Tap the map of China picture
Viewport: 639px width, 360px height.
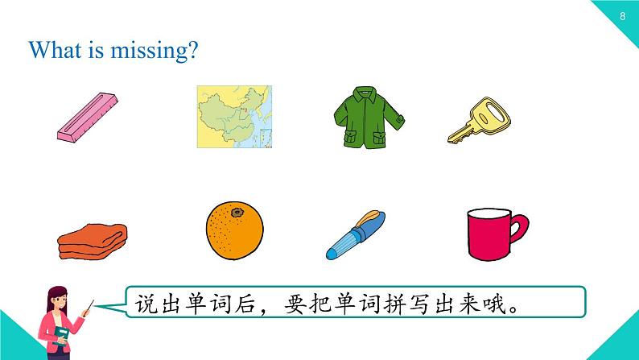pos(236,117)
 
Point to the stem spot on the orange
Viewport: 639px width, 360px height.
pos(237,213)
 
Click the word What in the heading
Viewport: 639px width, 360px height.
pos(54,50)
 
